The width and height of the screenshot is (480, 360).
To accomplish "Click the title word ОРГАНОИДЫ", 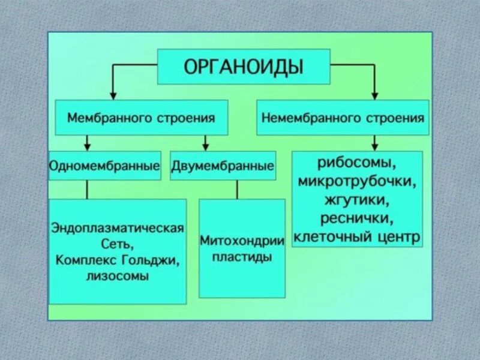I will (x=243, y=66).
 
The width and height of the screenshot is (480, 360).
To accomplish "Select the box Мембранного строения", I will (x=142, y=118).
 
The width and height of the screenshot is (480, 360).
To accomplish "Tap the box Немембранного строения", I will (x=343, y=118).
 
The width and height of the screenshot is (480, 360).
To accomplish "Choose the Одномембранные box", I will (x=104, y=165).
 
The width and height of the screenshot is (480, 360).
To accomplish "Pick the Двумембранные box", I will (x=223, y=165).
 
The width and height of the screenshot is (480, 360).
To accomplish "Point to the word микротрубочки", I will (x=356, y=181).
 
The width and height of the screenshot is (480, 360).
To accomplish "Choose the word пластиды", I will (x=242, y=257).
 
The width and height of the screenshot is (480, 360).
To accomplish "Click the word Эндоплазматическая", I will (x=117, y=230).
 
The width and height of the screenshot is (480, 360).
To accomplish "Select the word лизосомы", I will (x=117, y=277).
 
